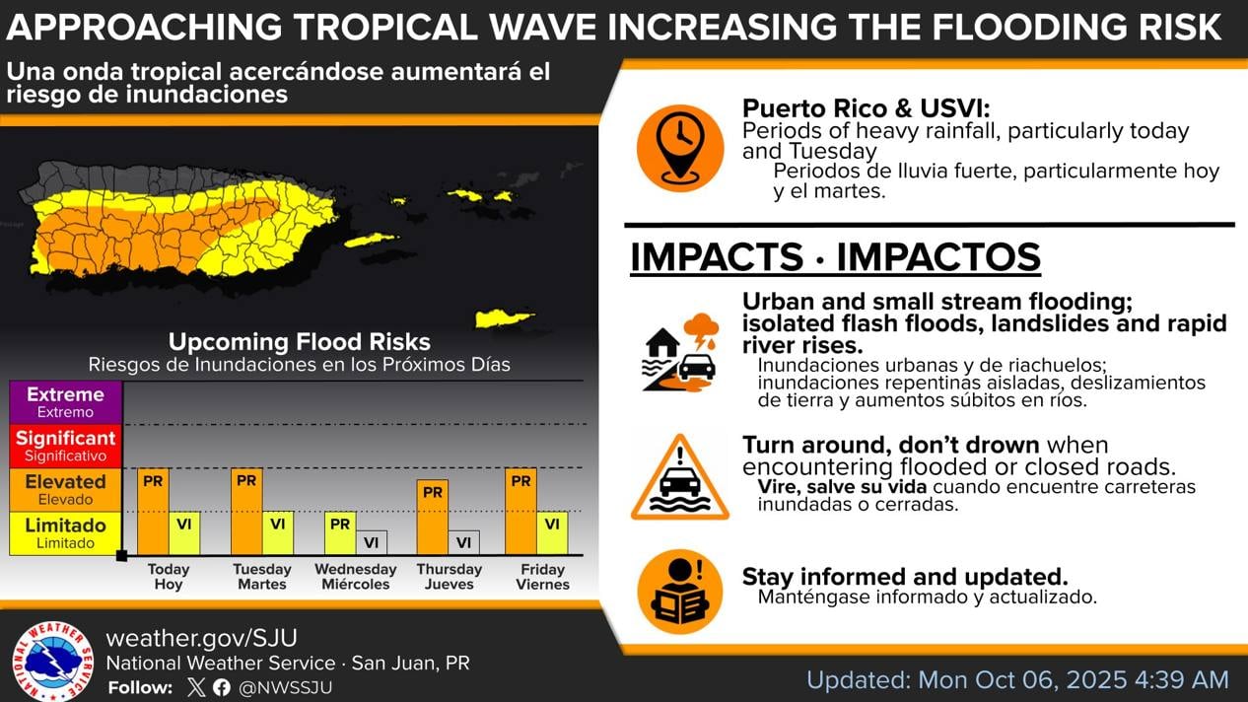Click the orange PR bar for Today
pyautogui.click(x=153, y=512)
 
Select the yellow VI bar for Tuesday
pyautogui.click(x=278, y=533)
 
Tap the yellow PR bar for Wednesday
pyautogui.click(x=340, y=533)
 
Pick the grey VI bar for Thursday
pyautogui.click(x=463, y=542)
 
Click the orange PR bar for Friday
pyautogui.click(x=520, y=512)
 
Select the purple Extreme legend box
pyautogui.click(x=65, y=402)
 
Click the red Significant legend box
pyautogui.click(x=65, y=446)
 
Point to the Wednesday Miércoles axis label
pyautogui.click(x=355, y=577)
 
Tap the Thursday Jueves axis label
pyautogui.click(x=449, y=577)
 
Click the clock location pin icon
pyautogui.click(x=680, y=147)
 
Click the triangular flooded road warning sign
pyautogui.click(x=680, y=478)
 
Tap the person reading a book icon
pyautogui.click(x=680, y=591)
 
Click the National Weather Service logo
pyautogui.click(x=52, y=662)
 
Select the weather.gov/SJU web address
pyautogui.click(x=201, y=638)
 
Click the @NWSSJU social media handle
pyautogui.click(x=286, y=687)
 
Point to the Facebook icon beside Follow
pyautogui.click(x=222, y=687)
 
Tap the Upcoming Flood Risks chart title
pyautogui.click(x=299, y=342)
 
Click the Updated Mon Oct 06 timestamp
pyautogui.click(x=1017, y=679)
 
